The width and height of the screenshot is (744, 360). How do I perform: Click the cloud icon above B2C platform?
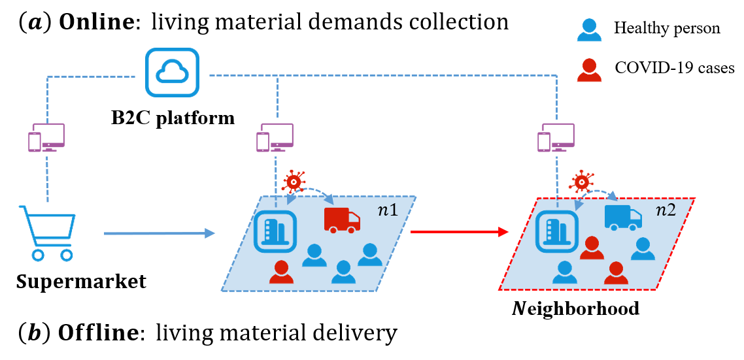click(172, 73)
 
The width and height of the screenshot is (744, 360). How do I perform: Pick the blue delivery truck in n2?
click(622, 217)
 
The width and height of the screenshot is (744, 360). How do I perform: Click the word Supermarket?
click(81, 282)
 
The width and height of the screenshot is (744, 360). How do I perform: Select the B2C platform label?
click(173, 118)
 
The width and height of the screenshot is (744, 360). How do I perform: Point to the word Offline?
click(99, 333)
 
